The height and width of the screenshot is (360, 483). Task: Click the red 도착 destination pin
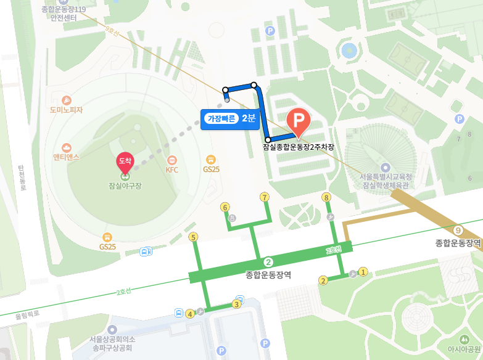125,162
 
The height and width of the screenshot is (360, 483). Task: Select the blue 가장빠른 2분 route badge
230,118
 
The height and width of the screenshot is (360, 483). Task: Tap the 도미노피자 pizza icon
67,100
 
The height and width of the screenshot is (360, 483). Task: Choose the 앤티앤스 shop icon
67,147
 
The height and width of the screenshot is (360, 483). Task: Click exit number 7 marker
265,197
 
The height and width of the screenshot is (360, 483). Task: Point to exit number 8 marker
326,197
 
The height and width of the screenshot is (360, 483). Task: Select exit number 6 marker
225,207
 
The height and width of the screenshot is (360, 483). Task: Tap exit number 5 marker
194,237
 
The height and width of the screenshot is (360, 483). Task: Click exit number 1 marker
363,271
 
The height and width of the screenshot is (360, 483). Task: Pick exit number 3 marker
236,304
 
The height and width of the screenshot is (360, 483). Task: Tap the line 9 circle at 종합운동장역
457,231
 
